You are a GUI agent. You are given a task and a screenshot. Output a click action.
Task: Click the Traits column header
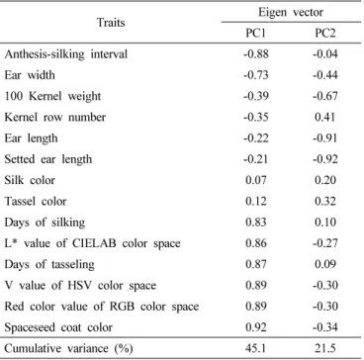pyautogui.click(x=111, y=23)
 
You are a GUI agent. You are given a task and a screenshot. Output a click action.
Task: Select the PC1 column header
pyautogui.click(x=255, y=34)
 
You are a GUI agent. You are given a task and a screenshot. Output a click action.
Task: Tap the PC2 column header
pyautogui.click(x=325, y=34)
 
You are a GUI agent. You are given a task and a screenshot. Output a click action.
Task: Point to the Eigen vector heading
pyautogui.click(x=291, y=12)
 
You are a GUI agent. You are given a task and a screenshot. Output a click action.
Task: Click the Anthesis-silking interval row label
pyautogui.click(x=66, y=54)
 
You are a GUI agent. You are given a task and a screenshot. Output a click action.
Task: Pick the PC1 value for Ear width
pyautogui.click(x=255, y=75)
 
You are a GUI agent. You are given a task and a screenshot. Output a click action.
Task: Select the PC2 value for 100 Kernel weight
pyautogui.click(x=325, y=96)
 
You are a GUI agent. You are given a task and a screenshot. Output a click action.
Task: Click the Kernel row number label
pyautogui.click(x=55, y=117)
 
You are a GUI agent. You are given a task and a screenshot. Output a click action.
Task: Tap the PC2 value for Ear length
pyautogui.click(x=325, y=138)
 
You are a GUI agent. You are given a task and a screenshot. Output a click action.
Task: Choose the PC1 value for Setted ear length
pyautogui.click(x=255, y=159)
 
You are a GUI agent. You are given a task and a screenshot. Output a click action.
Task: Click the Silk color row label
pyautogui.click(x=30, y=180)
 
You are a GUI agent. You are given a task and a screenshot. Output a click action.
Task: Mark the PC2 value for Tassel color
pyautogui.click(x=325, y=201)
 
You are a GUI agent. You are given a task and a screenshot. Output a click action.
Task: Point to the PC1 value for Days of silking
pyautogui.click(x=256, y=223)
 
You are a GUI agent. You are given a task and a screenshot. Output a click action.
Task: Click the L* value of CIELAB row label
pyautogui.click(x=92, y=243)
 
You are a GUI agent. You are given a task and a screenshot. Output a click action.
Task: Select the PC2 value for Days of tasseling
pyautogui.click(x=325, y=264)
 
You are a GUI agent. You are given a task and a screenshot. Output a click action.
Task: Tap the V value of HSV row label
pyautogui.click(x=80, y=285)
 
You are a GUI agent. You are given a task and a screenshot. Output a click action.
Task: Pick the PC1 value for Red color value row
pyautogui.click(x=256, y=307)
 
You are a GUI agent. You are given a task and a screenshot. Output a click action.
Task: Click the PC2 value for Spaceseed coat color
pyautogui.click(x=325, y=327)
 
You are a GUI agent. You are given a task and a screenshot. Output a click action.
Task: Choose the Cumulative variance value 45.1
pyautogui.click(x=256, y=348)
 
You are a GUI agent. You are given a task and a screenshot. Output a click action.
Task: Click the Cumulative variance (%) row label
pyautogui.click(x=68, y=348)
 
